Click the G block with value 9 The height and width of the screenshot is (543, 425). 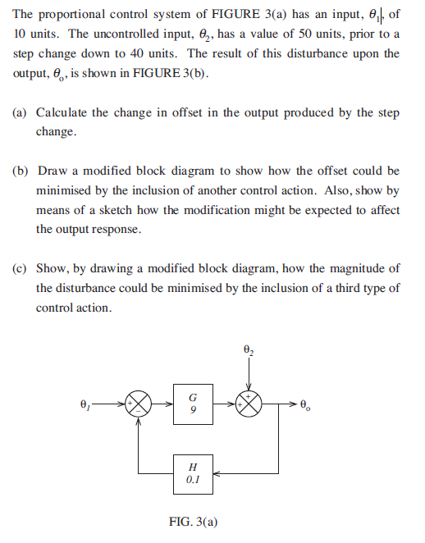pyautogui.click(x=192, y=404)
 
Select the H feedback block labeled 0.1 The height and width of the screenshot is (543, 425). pyautogui.click(x=192, y=472)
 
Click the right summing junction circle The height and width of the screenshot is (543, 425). pyautogui.click(x=249, y=404)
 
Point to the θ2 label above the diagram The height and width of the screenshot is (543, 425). pyautogui.click(x=249, y=349)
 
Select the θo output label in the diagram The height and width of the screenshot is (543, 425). pyautogui.click(x=307, y=404)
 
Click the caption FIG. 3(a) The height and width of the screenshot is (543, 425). pyautogui.click(x=193, y=521)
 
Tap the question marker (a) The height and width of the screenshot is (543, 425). pyautogui.click(x=21, y=112)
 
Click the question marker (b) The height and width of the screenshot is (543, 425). pyautogui.click(x=21, y=171)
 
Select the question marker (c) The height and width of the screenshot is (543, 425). pyautogui.click(x=21, y=268)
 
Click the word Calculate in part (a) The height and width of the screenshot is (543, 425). pyautogui.click(x=64, y=112)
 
